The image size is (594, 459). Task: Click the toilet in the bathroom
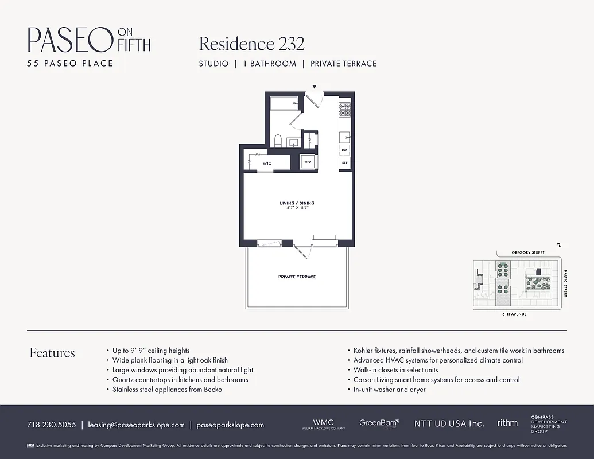point(278,141)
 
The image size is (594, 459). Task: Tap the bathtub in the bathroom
point(284,103)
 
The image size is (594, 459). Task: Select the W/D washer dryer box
point(308,162)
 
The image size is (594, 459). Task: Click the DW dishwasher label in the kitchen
point(344,150)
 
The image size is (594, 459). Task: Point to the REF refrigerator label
point(344,163)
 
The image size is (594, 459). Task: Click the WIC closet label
point(267,164)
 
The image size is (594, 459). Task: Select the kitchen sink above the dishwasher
point(344,137)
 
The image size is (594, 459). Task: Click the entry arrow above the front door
point(314,87)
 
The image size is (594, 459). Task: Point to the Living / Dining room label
point(297,203)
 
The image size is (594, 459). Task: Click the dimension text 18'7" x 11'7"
point(297,208)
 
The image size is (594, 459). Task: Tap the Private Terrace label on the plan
point(297,277)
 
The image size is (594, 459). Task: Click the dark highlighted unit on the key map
point(539,270)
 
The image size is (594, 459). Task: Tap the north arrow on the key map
point(558,244)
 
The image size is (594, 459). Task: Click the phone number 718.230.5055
point(51,425)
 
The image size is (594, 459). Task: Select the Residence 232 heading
point(251,44)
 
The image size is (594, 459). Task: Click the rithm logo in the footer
point(507,423)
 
